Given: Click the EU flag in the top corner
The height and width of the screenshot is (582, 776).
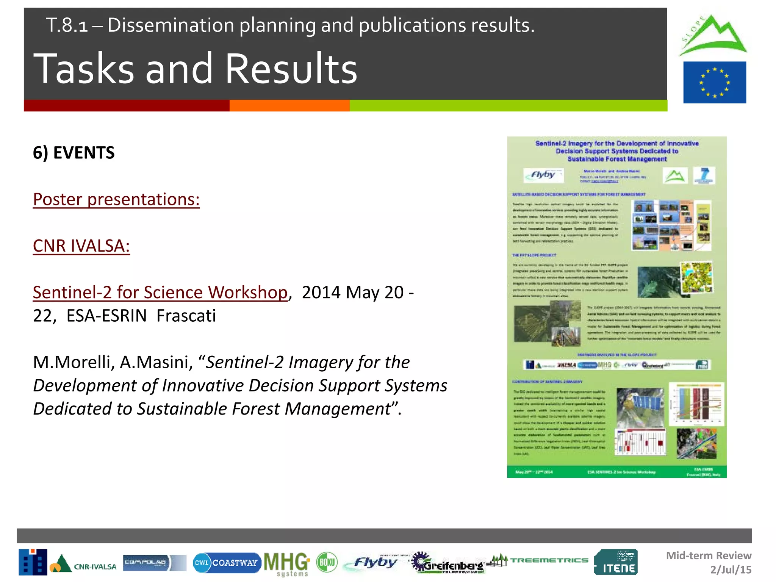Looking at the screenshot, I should tap(714, 82).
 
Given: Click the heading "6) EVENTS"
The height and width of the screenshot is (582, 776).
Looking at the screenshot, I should tap(74, 153).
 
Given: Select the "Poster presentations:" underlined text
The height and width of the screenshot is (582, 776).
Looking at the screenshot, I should tap(116, 199).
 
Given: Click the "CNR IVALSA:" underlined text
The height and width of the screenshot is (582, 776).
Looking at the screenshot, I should tap(81, 246).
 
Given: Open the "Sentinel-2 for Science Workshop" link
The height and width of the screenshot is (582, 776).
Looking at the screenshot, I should tap(160, 293).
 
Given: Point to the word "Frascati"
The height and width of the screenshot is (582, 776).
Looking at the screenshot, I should tap(186, 316).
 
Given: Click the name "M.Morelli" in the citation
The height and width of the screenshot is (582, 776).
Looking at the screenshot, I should tap(74, 362).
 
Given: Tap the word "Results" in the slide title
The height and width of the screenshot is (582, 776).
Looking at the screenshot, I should tap(291, 69).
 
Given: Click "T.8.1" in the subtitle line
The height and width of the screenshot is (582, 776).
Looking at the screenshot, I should tap(67, 25).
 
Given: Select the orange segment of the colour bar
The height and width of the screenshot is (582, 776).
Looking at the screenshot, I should tap(289, 105).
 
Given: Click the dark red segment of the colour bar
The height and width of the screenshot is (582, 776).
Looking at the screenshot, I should tap(126, 105).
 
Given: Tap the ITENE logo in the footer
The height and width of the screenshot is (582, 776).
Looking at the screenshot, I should tap(616, 562).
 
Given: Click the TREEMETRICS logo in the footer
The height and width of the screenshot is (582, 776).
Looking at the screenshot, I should tap(539, 560).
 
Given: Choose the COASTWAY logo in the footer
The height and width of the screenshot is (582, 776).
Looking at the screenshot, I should tap(227, 563).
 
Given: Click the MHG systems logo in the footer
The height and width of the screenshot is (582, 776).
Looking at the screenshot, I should tap(286, 563).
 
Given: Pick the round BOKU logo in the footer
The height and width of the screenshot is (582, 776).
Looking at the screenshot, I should tap(327, 562).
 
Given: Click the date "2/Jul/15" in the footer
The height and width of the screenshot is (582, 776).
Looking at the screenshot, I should tap(731, 569).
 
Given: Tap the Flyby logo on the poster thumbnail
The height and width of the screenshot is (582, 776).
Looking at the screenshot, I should tap(543, 175).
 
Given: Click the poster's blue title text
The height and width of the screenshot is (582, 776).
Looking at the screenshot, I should tap(617, 151).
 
